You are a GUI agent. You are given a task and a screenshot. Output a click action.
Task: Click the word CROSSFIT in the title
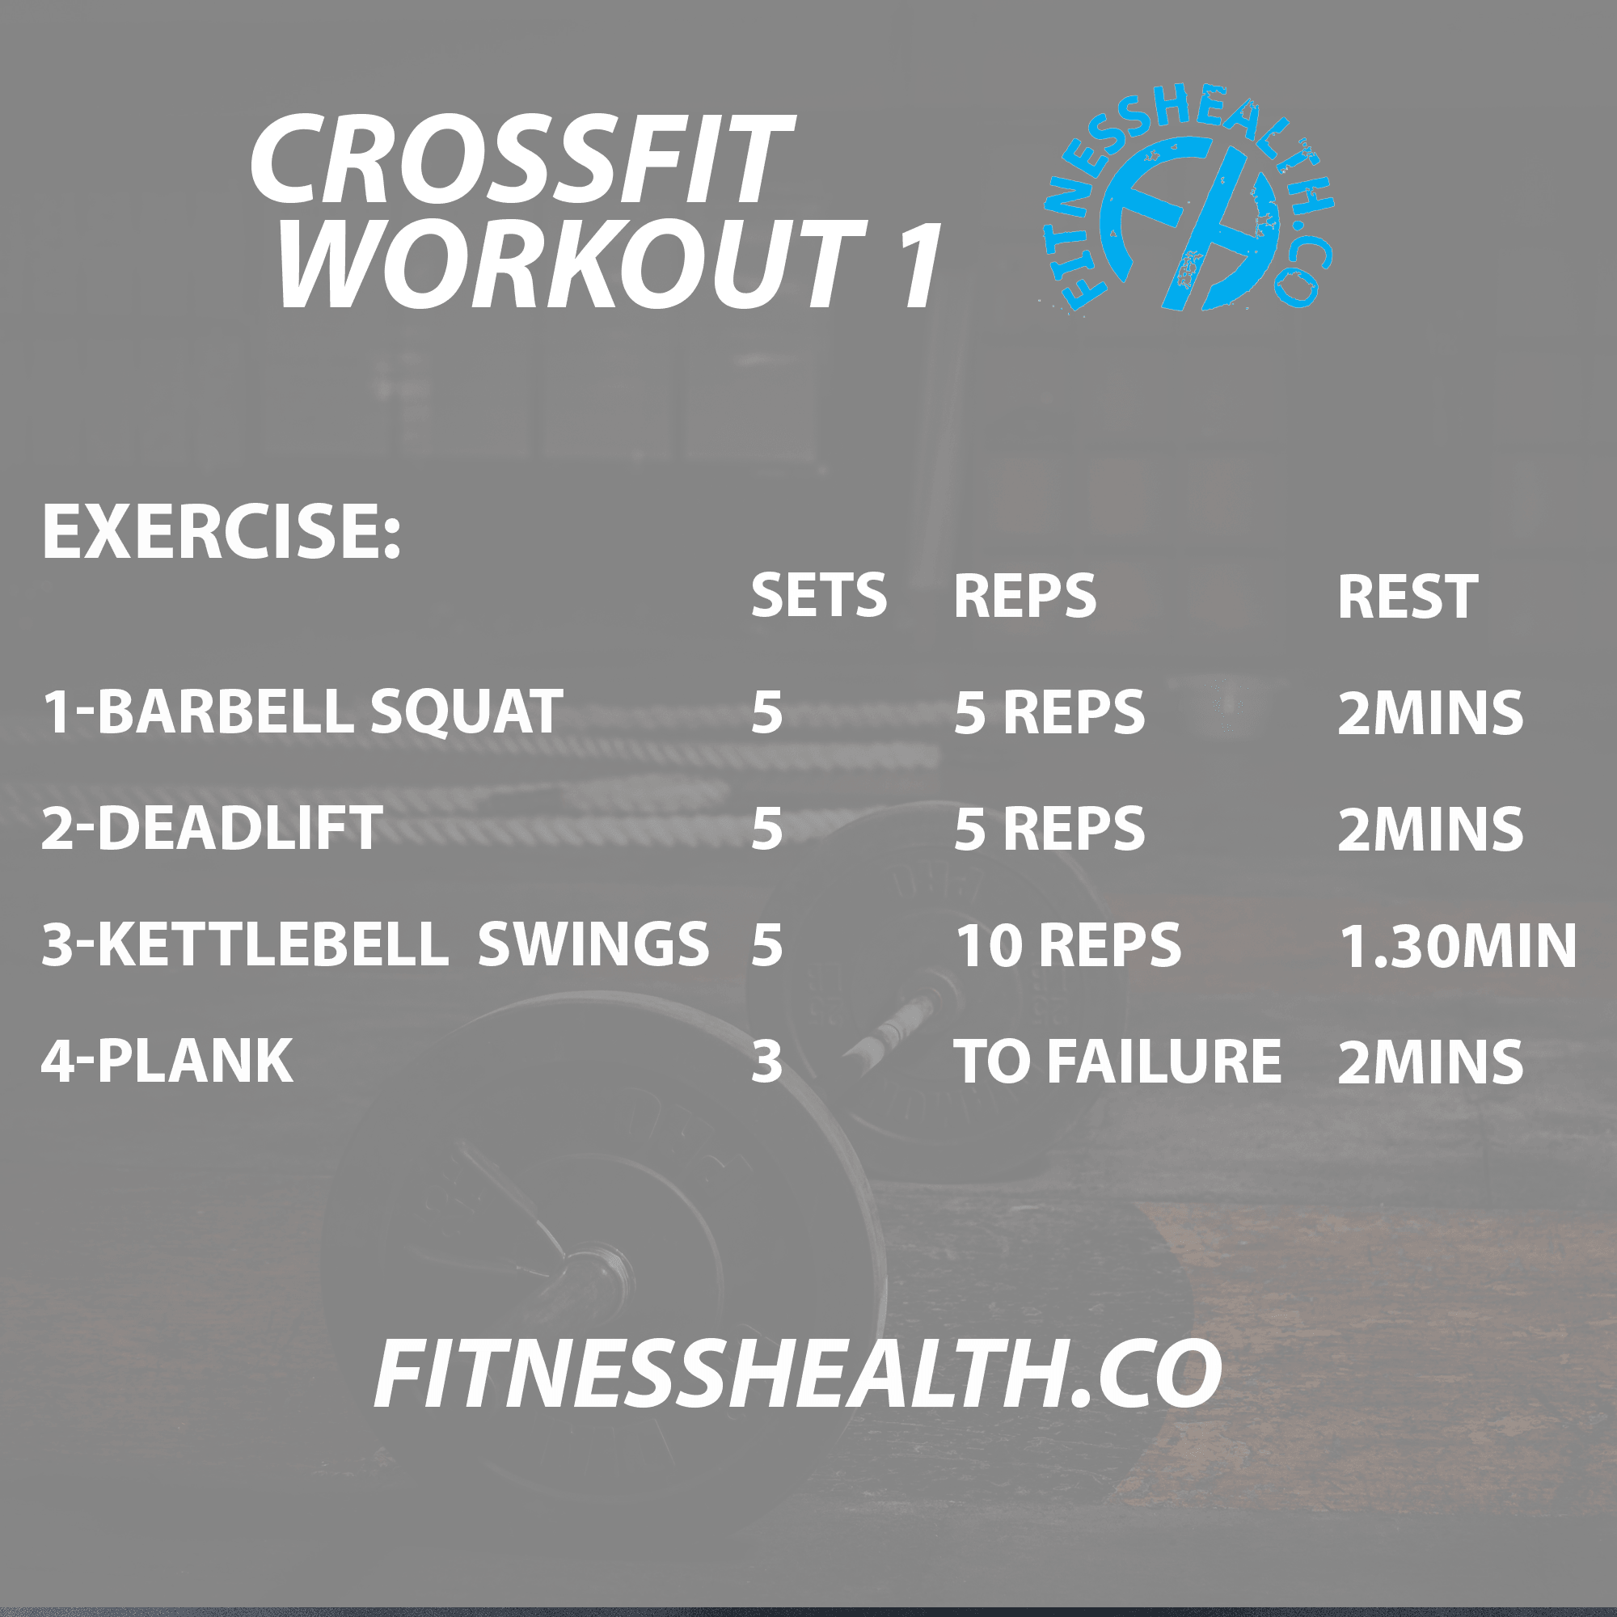pos(521,161)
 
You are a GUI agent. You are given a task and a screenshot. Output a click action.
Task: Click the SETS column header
pos(817,596)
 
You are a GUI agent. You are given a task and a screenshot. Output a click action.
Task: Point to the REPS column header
pos(1024,596)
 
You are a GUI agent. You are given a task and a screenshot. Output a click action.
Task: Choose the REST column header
pos(1407,597)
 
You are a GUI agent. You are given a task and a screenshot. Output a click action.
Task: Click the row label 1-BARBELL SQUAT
pos(302,712)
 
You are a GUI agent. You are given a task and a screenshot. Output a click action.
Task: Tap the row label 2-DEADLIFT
pos(212,829)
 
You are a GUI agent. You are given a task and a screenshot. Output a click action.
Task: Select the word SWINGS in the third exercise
pos(593,944)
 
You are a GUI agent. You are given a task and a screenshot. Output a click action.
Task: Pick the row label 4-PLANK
pos(167,1062)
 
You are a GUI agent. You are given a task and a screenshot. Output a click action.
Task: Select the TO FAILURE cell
pos(1117,1062)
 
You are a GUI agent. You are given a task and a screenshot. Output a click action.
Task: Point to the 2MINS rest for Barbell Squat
pos(1429,713)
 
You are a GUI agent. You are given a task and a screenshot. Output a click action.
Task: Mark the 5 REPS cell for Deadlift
pos(1049,829)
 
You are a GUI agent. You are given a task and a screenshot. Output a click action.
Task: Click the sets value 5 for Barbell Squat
pos(766,713)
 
